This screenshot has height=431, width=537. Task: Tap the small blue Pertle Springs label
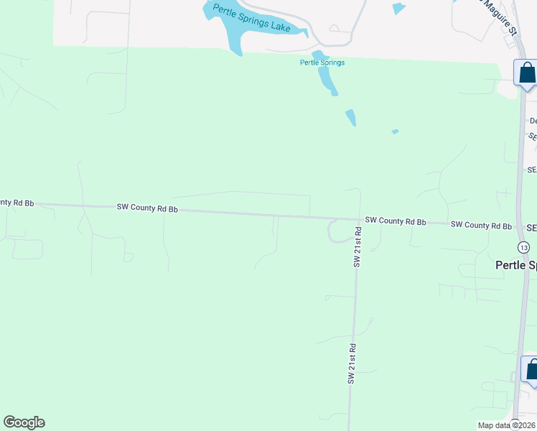(322, 62)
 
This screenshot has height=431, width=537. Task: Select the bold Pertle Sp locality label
(515, 265)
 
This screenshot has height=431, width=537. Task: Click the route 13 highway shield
(523, 247)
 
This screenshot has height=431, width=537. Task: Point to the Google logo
(24, 422)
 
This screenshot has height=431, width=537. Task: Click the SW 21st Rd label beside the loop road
(357, 246)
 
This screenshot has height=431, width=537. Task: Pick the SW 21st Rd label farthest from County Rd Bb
(352, 363)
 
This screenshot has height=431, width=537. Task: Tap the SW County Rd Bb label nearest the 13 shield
(481, 226)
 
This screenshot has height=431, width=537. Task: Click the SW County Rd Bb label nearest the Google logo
(147, 208)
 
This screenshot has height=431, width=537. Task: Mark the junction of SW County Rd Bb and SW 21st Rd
(358, 220)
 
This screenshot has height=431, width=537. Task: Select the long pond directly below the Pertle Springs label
(327, 81)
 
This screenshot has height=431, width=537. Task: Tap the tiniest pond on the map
(395, 131)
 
